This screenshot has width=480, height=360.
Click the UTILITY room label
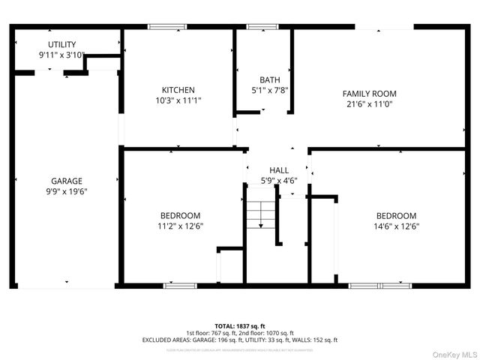[x=61, y=45]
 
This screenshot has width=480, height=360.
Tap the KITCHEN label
[x=178, y=89]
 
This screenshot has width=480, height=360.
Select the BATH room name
[x=269, y=79]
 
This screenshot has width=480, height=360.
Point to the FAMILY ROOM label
[x=369, y=94]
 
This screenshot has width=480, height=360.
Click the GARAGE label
[x=67, y=181]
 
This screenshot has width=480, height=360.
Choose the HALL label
[x=278, y=170]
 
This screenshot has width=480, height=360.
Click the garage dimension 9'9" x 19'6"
[x=67, y=191]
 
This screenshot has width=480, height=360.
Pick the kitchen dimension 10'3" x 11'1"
[x=178, y=100]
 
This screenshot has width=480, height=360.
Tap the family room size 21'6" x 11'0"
[x=369, y=104]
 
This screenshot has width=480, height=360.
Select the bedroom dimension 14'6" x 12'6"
[x=396, y=226]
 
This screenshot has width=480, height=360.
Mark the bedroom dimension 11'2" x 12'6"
[x=181, y=226]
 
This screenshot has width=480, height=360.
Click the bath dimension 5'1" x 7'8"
[x=269, y=90]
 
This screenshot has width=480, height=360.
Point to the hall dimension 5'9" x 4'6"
[x=278, y=180]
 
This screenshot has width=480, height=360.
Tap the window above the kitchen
[x=167, y=27]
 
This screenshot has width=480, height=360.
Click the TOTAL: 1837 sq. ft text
[x=239, y=325]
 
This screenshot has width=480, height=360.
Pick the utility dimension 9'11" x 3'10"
[x=61, y=55]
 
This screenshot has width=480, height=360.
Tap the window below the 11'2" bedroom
[x=181, y=286]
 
